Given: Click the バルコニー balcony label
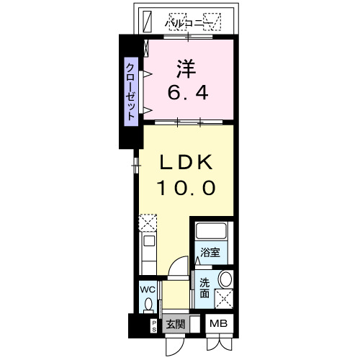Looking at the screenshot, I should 190,23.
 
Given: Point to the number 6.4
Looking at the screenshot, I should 190,93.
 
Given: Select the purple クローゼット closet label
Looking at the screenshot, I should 131,91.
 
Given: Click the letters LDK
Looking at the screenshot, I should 186,162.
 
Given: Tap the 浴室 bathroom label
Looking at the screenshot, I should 210,253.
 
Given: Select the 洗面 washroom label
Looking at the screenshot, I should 204,287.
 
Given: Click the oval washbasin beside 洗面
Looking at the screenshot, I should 225,280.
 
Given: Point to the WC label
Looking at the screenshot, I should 148,290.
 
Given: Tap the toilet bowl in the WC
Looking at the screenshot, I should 149,305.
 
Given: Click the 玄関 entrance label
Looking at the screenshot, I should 175,325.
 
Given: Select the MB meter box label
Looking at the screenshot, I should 218,325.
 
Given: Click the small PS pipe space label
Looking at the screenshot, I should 153,325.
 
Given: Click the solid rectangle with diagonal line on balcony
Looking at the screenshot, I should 147,21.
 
